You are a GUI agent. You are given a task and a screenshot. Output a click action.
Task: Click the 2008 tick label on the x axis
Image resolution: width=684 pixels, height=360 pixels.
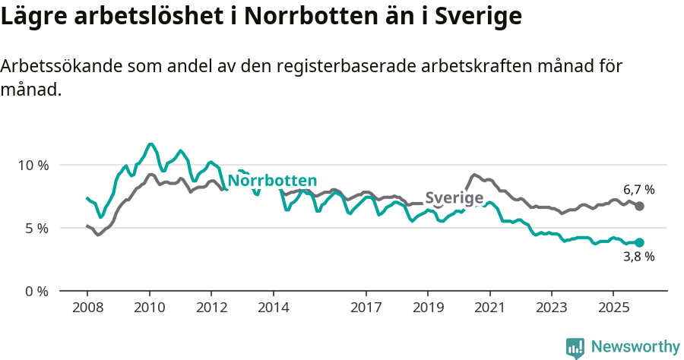coord(87,308)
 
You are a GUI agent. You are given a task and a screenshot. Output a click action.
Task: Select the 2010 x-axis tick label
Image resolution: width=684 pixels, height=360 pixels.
coord(150,308)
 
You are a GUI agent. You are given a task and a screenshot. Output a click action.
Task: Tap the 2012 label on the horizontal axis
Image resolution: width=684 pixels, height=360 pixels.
coord(211,308)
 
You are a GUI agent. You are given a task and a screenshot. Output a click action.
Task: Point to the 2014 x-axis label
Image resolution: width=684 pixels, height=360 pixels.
coord(274,308)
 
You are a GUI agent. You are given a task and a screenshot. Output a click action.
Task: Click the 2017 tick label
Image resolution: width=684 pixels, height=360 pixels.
coord(366,308)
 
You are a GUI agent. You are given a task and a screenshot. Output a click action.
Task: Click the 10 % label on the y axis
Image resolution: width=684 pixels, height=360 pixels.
coord(33,165)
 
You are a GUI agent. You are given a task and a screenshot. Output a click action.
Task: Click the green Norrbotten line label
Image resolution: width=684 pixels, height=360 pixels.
coord(272,181)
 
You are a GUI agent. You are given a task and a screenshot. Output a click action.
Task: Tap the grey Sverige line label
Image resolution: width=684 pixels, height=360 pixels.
coord(454,198)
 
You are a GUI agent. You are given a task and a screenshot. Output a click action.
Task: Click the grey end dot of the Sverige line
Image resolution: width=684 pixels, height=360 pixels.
coord(640,207)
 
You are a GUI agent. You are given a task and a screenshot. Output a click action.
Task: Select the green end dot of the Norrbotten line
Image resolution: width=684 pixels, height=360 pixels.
coord(640,243)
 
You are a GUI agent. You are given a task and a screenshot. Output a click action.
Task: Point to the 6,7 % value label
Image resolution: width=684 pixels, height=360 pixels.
coord(638,190)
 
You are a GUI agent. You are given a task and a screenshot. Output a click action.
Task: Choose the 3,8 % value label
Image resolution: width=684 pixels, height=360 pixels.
coord(638,257)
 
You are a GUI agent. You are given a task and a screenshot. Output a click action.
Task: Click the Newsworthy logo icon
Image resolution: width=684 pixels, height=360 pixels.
coord(575,348)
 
